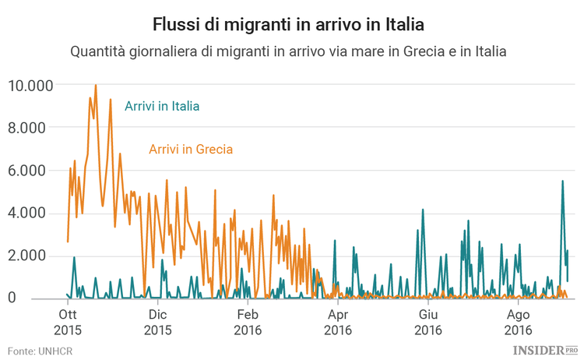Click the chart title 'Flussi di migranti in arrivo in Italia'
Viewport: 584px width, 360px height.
point(288,24)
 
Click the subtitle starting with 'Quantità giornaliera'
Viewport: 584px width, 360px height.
point(288,52)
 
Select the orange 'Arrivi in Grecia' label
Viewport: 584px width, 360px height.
point(190,149)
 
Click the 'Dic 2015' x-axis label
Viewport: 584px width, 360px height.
point(157,322)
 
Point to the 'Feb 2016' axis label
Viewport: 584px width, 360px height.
point(248,322)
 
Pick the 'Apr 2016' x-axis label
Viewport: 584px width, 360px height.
point(338,322)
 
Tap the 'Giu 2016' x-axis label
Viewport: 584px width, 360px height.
point(428,322)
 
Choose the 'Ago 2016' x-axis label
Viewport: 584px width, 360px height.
point(519,322)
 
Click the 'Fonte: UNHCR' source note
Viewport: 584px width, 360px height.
point(40,350)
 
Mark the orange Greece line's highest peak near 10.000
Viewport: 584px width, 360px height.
point(96,86)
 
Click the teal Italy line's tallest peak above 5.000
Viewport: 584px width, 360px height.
point(562,182)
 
